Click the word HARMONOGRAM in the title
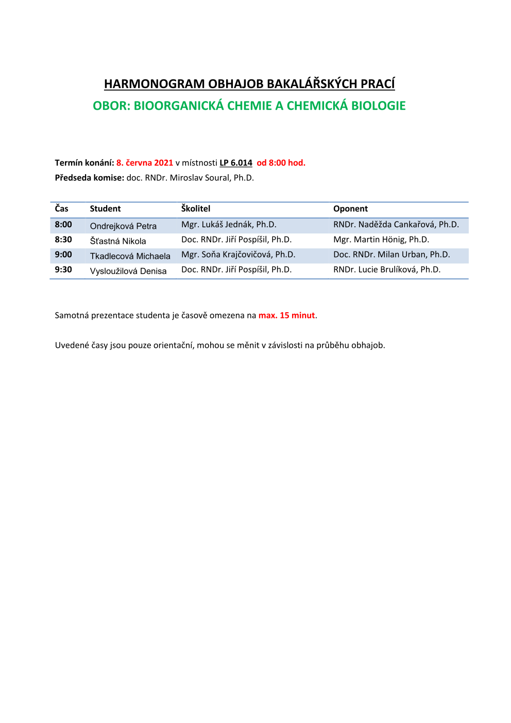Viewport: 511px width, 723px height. [x=154, y=84]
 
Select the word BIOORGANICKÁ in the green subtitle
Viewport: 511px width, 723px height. [x=179, y=106]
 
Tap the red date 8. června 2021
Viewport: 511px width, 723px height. [x=145, y=163]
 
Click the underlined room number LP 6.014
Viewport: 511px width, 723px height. [x=236, y=163]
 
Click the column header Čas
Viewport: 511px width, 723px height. [x=62, y=208]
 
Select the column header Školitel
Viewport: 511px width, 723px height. [x=196, y=208]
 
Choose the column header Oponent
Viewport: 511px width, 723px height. [x=350, y=209]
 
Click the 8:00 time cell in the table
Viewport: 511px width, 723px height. [x=63, y=224]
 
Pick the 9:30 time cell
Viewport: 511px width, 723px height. [x=63, y=270]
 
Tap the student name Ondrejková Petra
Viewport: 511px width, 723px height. [x=123, y=226]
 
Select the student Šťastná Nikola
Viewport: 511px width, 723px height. [x=118, y=241]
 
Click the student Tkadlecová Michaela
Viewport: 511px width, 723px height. [x=130, y=256]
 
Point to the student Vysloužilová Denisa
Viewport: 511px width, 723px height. [x=128, y=271]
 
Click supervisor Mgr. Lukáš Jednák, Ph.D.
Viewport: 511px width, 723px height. [x=229, y=225]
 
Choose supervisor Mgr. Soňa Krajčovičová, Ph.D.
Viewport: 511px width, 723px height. [x=238, y=255]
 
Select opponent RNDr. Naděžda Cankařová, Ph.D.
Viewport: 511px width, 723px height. [x=396, y=225]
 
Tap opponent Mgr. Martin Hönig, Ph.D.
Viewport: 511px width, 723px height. [x=381, y=240]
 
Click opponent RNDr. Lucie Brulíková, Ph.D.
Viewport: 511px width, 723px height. [x=387, y=270]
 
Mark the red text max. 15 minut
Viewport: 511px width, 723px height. [x=286, y=315]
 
